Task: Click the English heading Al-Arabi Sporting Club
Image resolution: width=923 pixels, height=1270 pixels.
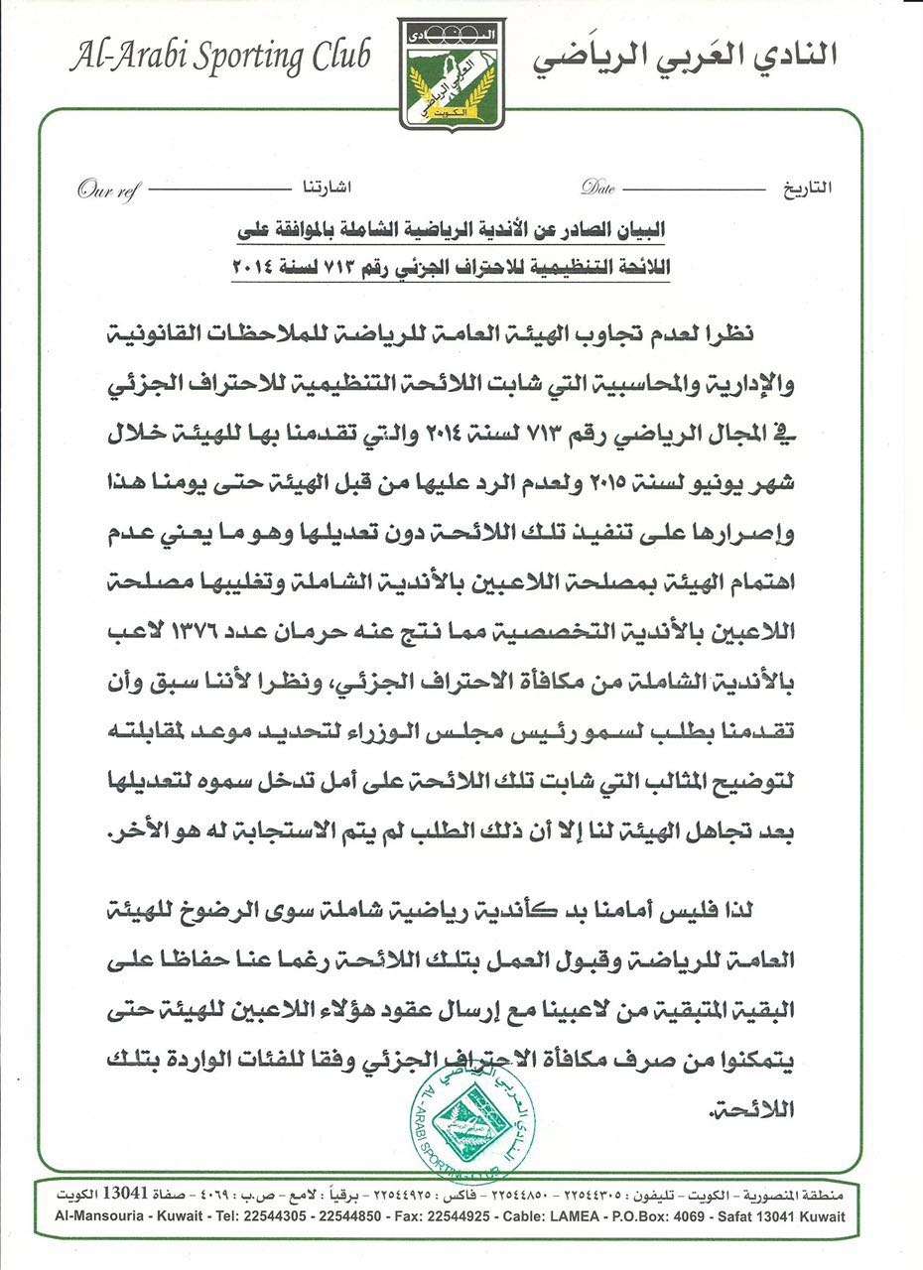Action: pyautogui.click(x=219, y=57)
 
